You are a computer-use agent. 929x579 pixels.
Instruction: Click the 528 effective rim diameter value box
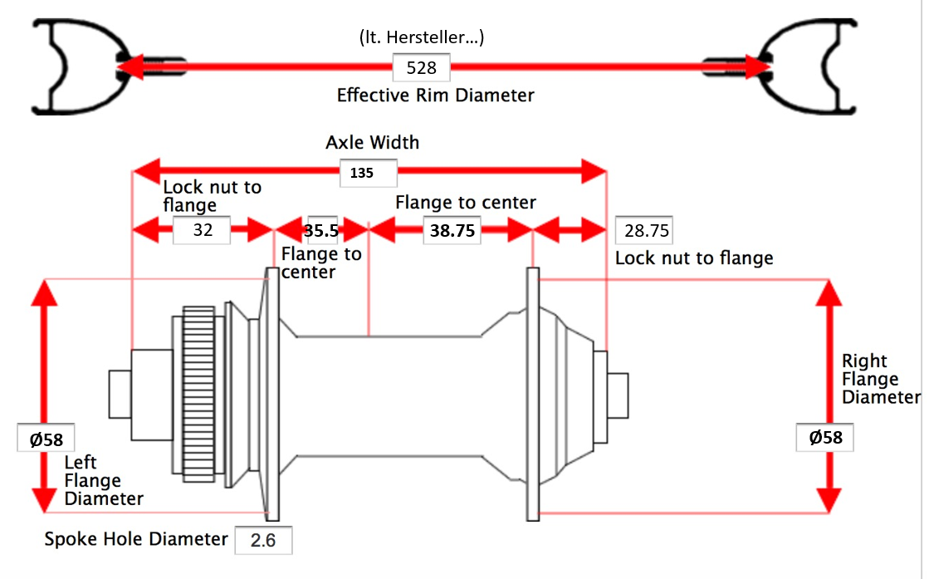coord(421,67)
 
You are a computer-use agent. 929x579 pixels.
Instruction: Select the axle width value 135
coord(362,174)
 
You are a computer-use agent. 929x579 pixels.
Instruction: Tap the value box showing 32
coord(202,230)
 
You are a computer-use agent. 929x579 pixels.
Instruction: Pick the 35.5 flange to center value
coord(321,231)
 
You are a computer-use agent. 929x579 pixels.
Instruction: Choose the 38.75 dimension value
coord(452,231)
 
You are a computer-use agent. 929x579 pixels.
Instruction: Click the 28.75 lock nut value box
coord(643,230)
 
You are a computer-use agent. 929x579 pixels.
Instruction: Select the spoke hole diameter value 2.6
coord(263,540)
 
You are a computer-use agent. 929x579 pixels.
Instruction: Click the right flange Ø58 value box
coord(825,437)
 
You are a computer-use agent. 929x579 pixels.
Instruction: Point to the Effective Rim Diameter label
coord(435,95)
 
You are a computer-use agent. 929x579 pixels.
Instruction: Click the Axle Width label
coord(372,142)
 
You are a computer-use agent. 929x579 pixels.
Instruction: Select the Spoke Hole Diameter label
coord(136,539)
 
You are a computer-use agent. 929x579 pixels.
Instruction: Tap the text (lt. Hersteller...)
coord(421,37)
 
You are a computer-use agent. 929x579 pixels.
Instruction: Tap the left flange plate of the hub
coord(272,394)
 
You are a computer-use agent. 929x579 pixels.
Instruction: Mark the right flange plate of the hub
coord(533,394)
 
